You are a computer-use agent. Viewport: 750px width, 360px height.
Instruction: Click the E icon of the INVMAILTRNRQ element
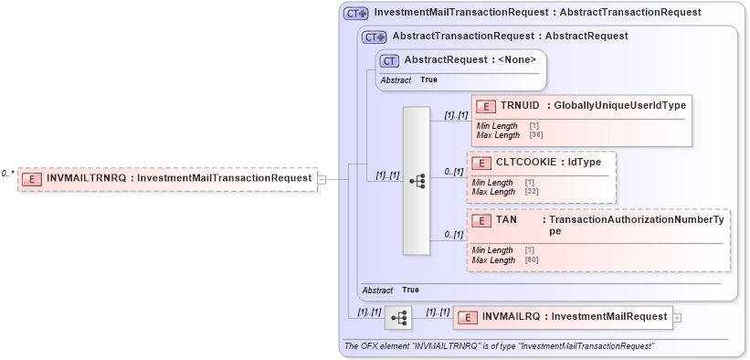coord(32,178)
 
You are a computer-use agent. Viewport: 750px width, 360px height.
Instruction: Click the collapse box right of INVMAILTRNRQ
coord(322,179)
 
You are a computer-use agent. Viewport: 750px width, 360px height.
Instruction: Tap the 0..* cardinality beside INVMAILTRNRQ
coord(8,174)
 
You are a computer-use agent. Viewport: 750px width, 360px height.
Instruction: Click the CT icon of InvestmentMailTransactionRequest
coord(355,13)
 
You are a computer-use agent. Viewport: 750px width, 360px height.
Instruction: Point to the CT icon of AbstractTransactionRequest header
coord(375,37)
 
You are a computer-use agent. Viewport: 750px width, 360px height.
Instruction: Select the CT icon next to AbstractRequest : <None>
coord(389,60)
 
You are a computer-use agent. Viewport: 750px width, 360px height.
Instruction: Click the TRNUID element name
coord(519,105)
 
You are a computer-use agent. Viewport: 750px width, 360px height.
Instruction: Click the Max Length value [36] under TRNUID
coord(536,135)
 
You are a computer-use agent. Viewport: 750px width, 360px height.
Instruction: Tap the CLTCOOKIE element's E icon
coord(481,163)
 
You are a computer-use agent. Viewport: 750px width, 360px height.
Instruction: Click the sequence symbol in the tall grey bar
coord(417,181)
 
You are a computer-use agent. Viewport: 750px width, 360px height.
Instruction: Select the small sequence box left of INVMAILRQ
coord(398,318)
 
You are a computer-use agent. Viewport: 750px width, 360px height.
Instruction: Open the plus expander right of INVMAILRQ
coord(677,318)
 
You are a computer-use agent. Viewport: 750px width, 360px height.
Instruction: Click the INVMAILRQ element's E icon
coord(467,317)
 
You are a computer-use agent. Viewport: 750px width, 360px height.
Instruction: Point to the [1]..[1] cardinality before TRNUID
coord(456,115)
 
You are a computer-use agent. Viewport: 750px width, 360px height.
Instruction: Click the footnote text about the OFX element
coord(499,346)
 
